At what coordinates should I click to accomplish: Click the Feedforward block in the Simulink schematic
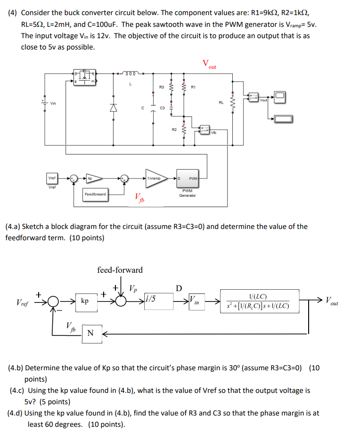pyautogui.click(x=96, y=194)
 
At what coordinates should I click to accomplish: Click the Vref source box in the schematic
pyautogui.click(x=52, y=179)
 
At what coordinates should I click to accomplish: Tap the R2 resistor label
pyautogui.click(x=174, y=129)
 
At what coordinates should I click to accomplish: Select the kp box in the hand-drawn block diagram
pyautogui.click(x=85, y=301)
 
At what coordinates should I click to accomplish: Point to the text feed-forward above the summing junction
pyautogui.click(x=120, y=270)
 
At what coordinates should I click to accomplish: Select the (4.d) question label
pyautogui.click(x=14, y=413)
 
